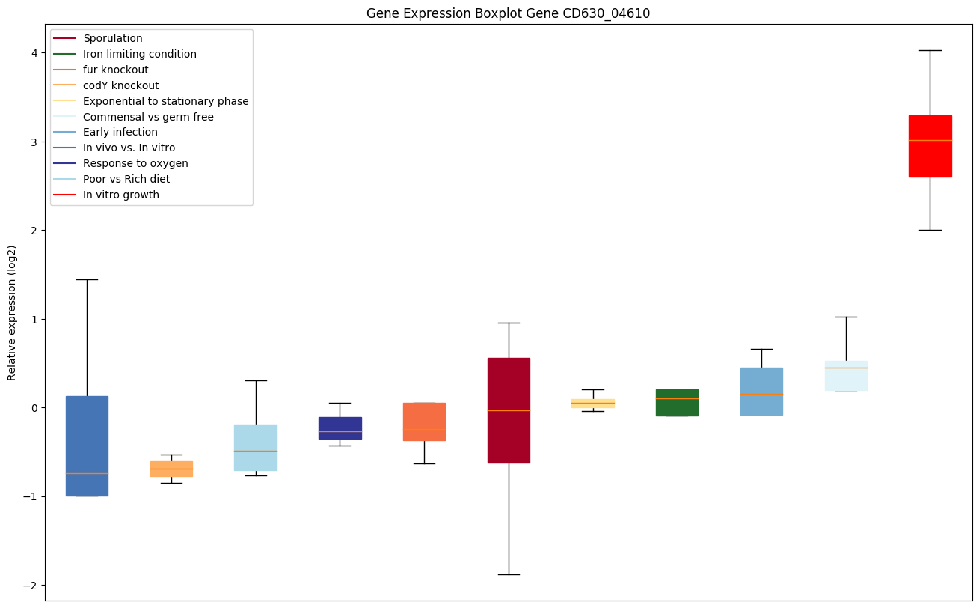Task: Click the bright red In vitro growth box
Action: pyautogui.click(x=930, y=146)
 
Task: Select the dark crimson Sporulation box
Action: pyautogui.click(x=509, y=410)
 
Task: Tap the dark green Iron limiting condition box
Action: pyautogui.click(x=677, y=402)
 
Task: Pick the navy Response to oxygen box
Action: pyautogui.click(x=340, y=428)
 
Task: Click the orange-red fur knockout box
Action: pyautogui.click(x=424, y=422)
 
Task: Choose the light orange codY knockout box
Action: pyautogui.click(x=171, y=469)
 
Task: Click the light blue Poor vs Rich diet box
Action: pyautogui.click(x=256, y=447)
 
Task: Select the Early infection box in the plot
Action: pyautogui.click(x=761, y=391)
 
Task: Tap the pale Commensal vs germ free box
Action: pyautogui.click(x=846, y=376)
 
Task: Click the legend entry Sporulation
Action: pyautogui.click(x=113, y=38)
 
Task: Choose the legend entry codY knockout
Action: pyautogui.click(x=120, y=85)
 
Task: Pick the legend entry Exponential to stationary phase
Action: pyautogui.click(x=165, y=101)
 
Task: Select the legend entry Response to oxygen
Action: pyautogui.click(x=135, y=163)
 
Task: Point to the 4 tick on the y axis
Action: pyautogui.click(x=39, y=53)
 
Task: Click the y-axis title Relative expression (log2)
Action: pyautogui.click(x=12, y=312)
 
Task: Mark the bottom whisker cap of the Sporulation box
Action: pyautogui.click(x=509, y=574)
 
